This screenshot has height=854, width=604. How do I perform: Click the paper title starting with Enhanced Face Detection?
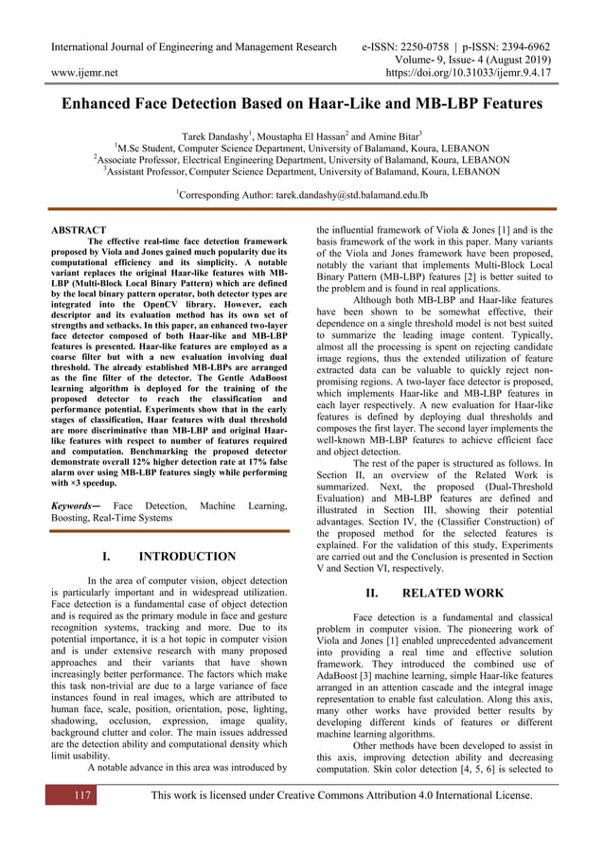click(302, 104)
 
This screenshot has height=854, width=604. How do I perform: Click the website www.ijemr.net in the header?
click(83, 71)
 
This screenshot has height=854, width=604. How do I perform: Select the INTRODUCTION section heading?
click(187, 557)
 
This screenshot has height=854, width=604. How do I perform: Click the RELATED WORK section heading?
click(451, 594)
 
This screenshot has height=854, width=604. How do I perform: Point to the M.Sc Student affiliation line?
click(303, 149)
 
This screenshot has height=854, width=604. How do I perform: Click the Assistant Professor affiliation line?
click(303, 171)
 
